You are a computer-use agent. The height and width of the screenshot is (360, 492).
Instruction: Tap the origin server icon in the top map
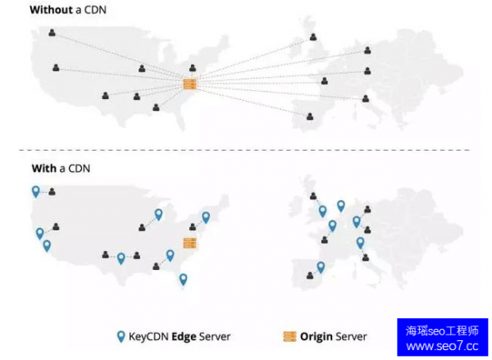pos(190,84)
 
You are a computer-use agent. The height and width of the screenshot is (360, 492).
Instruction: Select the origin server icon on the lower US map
pos(190,243)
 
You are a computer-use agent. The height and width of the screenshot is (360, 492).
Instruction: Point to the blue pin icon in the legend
pos(121,336)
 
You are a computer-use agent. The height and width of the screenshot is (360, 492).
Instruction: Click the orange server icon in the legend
pos(289,336)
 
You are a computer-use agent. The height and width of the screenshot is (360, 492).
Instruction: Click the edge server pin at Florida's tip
pos(183,280)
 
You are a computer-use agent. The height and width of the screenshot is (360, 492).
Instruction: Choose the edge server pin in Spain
pos(321,267)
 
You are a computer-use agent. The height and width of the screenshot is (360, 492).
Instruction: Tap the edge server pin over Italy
pos(360,243)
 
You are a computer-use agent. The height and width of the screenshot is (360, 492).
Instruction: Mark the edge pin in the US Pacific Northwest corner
pos(35,191)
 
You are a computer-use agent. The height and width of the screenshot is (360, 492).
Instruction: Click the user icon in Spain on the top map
pos(310,116)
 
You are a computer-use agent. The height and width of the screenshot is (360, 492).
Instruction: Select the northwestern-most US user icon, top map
pos(52,33)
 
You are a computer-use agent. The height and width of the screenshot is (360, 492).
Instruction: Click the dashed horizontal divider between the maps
pos(246,150)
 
